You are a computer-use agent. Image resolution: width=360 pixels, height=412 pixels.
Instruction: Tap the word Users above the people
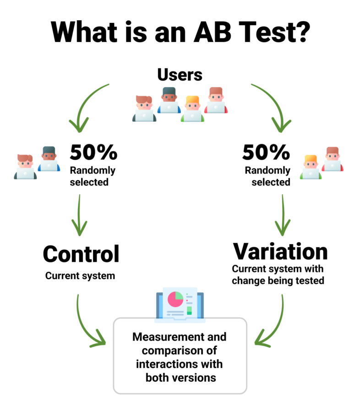pos(180,75)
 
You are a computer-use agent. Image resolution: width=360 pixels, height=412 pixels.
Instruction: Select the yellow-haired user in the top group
pos(192,109)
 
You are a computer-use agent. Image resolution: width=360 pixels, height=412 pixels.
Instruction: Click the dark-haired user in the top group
pos(169,100)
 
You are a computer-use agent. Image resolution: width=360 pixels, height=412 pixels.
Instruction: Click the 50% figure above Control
pos(93,152)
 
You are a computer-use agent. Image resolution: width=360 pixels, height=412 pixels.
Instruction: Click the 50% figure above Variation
pos(266,152)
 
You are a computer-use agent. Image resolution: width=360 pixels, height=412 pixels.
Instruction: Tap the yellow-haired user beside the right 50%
pos(311,167)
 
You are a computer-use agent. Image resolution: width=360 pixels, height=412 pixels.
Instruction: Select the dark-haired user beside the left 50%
pos(49,159)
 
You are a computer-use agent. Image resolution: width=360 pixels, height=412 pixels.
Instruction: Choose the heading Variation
pos(280,251)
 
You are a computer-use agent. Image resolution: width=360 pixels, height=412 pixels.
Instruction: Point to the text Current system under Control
pos(80,276)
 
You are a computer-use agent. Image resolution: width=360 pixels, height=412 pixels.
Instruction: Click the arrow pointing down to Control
pos(79,215)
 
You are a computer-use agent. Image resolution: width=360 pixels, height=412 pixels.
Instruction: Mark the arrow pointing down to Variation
pos(283,215)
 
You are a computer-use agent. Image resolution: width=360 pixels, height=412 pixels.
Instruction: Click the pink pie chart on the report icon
pos(175,299)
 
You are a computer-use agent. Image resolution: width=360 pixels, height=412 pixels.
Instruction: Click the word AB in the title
pos(213,32)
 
